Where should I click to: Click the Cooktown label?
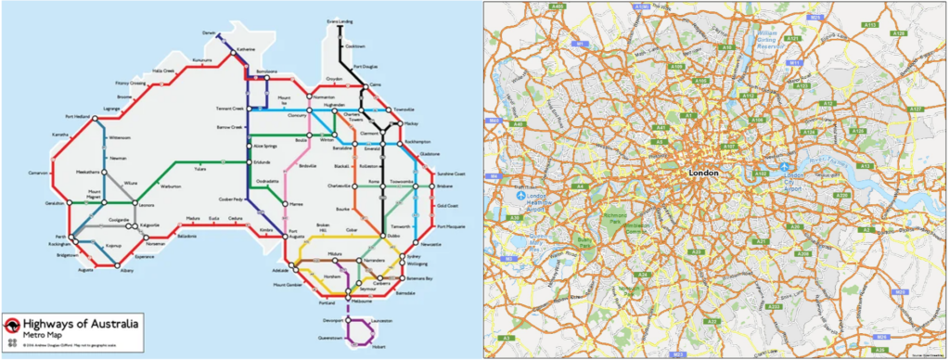(355, 45)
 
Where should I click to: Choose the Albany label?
(127, 270)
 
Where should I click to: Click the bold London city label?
(706, 173)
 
